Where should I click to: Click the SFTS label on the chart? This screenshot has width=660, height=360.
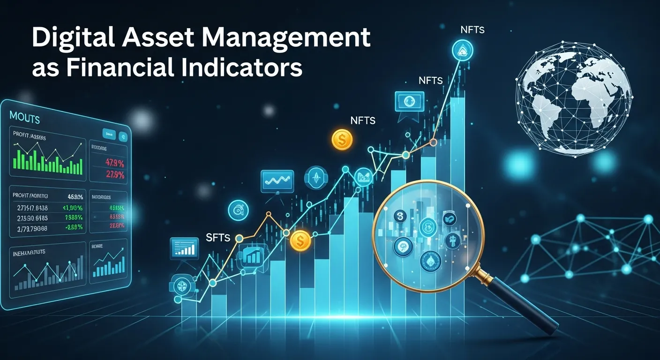[218, 238]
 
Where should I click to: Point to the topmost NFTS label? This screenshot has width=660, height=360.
[472, 30]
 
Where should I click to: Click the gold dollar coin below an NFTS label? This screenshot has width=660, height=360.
[342, 139]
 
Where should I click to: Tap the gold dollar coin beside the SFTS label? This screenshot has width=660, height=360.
[300, 241]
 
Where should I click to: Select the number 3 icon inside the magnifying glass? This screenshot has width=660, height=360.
[400, 217]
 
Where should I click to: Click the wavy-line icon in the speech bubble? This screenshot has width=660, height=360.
[277, 180]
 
